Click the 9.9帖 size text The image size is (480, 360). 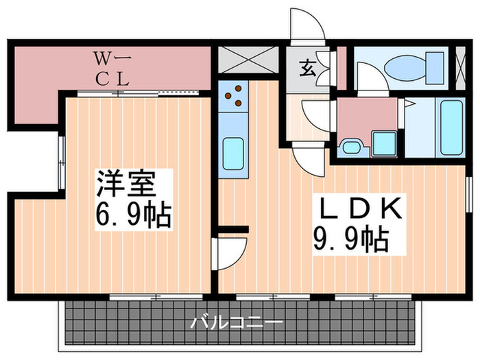tap(352, 239)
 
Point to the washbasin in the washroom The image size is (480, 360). tap(353, 145)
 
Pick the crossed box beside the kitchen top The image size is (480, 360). tap(248, 60)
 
